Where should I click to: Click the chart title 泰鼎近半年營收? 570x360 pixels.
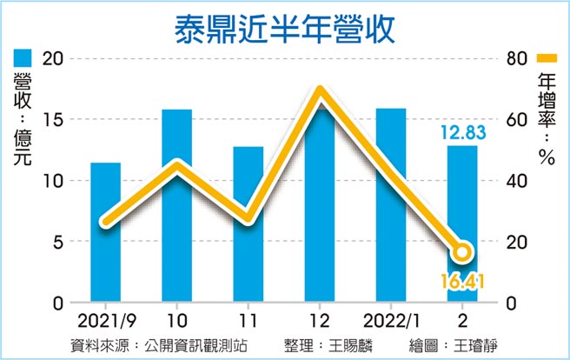tap(284, 28)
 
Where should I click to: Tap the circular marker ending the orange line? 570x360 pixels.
tap(462, 252)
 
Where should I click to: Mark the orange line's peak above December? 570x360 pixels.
tap(320, 91)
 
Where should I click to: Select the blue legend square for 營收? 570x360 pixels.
tap(22, 59)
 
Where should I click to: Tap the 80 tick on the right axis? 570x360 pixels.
tap(518, 58)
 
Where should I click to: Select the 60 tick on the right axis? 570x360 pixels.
tap(518, 119)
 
